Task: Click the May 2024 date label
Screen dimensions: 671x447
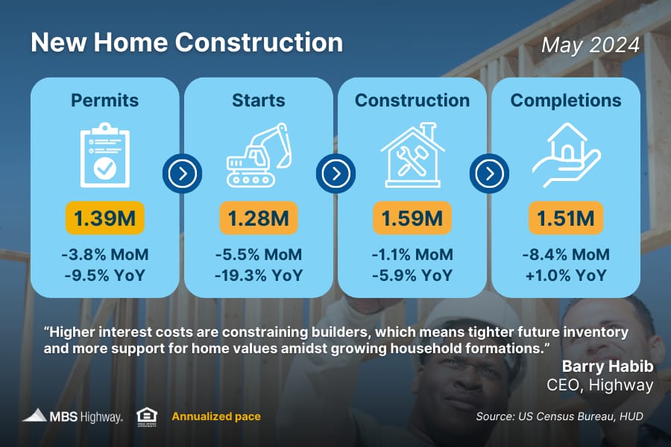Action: (x=590, y=45)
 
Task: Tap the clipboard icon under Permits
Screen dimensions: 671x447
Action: (x=105, y=155)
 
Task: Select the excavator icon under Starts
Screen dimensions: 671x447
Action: (x=259, y=155)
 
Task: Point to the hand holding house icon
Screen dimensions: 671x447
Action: (x=566, y=155)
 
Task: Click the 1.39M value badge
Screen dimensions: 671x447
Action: (x=105, y=218)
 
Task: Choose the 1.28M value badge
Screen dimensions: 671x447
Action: (x=259, y=218)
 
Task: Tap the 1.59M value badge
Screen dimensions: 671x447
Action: (x=412, y=218)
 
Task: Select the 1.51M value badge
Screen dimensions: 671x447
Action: (x=566, y=218)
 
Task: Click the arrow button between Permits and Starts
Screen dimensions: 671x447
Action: (x=183, y=174)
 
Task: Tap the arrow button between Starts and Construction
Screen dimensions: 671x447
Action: (x=336, y=174)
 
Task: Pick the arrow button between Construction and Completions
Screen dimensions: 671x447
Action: (x=489, y=174)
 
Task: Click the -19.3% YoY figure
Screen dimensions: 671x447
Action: (x=259, y=275)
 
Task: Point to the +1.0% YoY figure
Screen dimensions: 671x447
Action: (x=566, y=275)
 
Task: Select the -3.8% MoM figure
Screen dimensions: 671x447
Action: (x=105, y=255)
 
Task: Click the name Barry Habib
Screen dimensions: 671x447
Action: (x=608, y=366)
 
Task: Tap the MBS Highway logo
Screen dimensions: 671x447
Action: (x=73, y=416)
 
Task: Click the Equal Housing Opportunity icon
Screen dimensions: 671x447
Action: (x=147, y=416)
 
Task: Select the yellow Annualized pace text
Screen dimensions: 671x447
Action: (x=216, y=416)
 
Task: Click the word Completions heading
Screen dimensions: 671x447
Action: (x=566, y=101)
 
